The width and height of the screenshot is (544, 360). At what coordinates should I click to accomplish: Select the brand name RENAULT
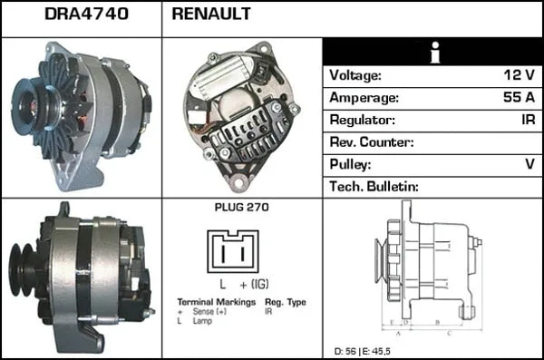point(211,15)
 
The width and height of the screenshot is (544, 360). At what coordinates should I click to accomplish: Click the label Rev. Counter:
point(373,142)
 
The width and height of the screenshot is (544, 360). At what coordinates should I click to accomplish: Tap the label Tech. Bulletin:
point(374,186)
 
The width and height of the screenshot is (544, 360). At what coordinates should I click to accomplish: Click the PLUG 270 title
point(241,208)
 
